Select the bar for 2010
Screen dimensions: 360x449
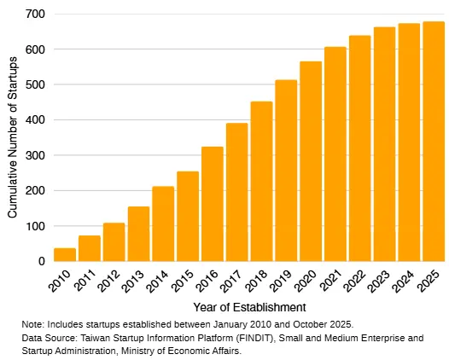coord(65,254)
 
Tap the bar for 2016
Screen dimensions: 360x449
coord(213,204)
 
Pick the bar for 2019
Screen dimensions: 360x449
coord(286,171)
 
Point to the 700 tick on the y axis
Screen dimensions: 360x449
coord(35,15)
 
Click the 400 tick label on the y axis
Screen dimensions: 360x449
coord(35,120)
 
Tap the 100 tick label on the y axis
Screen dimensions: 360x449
coord(35,226)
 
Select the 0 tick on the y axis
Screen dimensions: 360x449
coord(41,262)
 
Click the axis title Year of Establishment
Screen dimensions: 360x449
coord(248,306)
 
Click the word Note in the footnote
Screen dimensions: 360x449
coord(32,325)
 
